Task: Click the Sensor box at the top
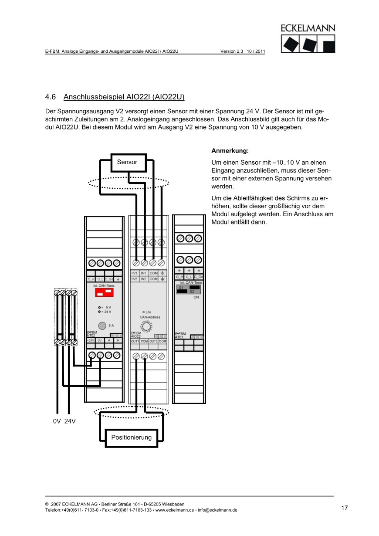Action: tap(127, 162)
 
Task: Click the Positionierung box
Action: tap(131, 438)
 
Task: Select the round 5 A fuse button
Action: tap(102, 326)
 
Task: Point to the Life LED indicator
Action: tap(144, 312)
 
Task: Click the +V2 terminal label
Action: tap(134, 279)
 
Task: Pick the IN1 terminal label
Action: tap(143, 273)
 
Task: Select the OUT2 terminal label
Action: tap(153, 341)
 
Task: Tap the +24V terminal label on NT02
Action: tap(90, 340)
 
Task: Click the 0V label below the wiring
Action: tap(57, 422)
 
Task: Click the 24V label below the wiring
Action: tap(70, 422)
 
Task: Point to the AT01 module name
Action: tap(179, 337)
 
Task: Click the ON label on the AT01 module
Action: tap(196, 297)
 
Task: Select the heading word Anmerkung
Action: tap(230, 151)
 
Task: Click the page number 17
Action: tap(344, 508)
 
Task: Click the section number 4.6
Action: tap(51, 96)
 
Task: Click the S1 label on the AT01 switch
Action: tap(181, 288)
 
